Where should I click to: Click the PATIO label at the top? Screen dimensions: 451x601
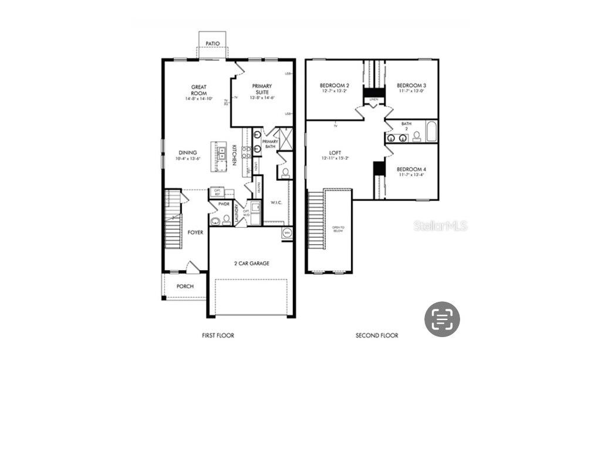click(x=212, y=43)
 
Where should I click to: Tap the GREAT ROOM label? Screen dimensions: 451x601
click(x=199, y=90)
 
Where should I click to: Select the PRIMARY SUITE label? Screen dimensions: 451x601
click(x=262, y=89)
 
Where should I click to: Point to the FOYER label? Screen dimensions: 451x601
click(x=195, y=233)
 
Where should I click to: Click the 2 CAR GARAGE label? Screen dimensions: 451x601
click(x=251, y=264)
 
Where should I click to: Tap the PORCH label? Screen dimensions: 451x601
click(x=185, y=287)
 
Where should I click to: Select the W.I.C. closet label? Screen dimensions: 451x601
click(x=277, y=203)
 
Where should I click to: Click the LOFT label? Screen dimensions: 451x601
click(x=335, y=153)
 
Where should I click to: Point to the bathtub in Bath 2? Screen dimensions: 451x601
click(x=431, y=132)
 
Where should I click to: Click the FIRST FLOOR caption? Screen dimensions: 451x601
click(x=218, y=336)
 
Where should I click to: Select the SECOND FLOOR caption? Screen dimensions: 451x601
click(x=377, y=336)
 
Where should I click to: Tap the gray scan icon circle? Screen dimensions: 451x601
click(x=442, y=319)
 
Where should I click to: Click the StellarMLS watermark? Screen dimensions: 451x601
click(x=441, y=225)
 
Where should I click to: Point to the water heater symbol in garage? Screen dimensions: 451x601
click(x=287, y=233)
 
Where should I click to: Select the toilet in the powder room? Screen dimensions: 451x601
click(x=227, y=220)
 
